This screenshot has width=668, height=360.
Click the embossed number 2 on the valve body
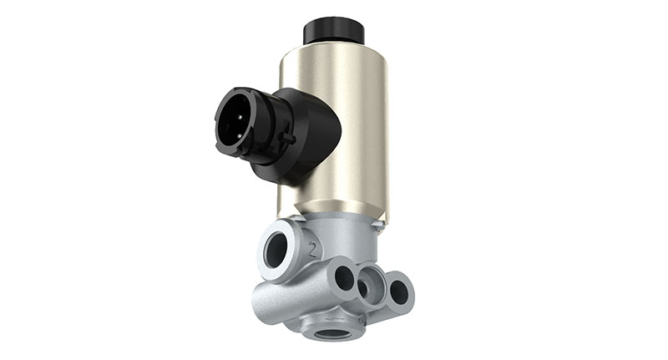coord(313,248)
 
